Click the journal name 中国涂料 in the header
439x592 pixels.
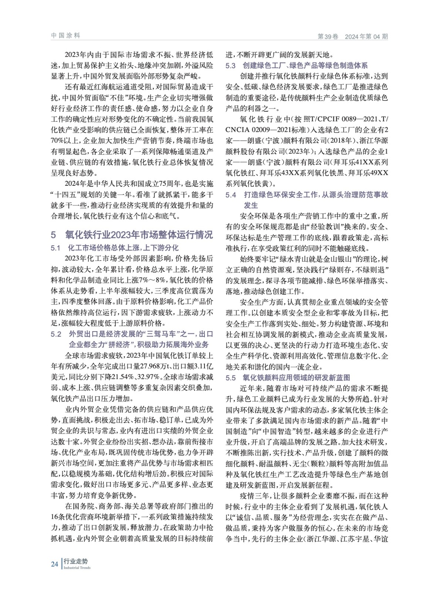[x=65, y=36]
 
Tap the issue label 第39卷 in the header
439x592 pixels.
[x=328, y=36]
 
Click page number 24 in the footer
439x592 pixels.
[x=54, y=564]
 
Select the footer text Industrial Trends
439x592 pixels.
[x=77, y=568]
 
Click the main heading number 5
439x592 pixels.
[x=53, y=235]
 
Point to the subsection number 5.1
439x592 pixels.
[x=55, y=248]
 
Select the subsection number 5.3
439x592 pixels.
[x=231, y=66]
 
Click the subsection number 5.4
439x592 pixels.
[x=231, y=195]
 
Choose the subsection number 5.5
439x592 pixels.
[x=231, y=378]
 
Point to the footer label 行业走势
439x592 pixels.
[x=75, y=561]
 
